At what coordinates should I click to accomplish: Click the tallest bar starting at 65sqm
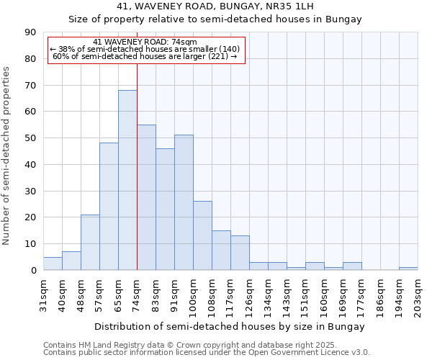click(127, 180)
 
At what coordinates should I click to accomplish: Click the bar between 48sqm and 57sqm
click(90, 242)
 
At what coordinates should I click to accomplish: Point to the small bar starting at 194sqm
click(408, 269)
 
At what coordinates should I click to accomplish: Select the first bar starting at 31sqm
click(53, 264)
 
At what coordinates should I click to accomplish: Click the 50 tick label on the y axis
click(31, 138)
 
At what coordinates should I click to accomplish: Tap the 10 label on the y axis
click(31, 244)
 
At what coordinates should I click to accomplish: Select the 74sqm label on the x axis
click(137, 294)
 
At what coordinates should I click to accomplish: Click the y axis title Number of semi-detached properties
click(7, 156)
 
